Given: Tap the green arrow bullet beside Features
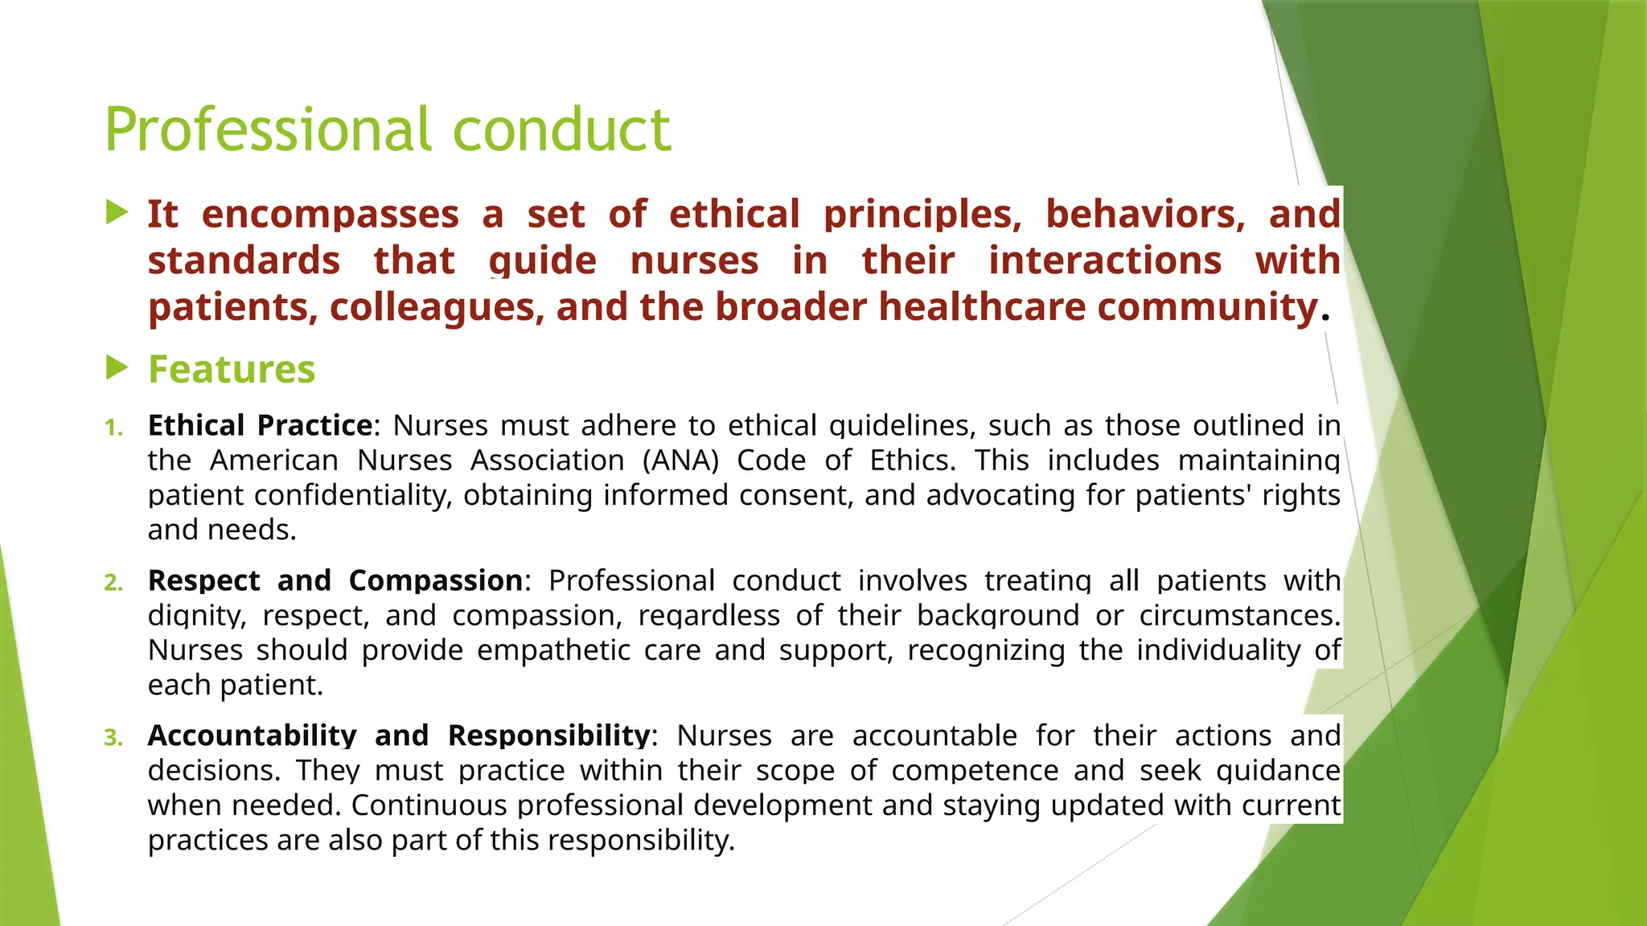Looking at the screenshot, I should [117, 368].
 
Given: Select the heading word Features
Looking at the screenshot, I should [232, 370].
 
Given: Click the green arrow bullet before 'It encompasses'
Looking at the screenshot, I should [117, 213].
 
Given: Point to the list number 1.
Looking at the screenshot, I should [113, 427].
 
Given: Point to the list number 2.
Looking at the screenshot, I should [113, 582].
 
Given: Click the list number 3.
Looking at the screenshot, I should [113, 737].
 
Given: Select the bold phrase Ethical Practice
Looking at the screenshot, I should [260, 425].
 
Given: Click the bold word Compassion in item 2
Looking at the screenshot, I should [435, 580].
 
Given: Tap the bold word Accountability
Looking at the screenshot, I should [252, 735].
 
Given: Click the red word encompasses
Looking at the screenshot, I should [330, 215].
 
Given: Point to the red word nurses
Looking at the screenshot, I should [694, 261].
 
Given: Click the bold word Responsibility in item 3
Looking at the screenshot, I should [548, 735].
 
